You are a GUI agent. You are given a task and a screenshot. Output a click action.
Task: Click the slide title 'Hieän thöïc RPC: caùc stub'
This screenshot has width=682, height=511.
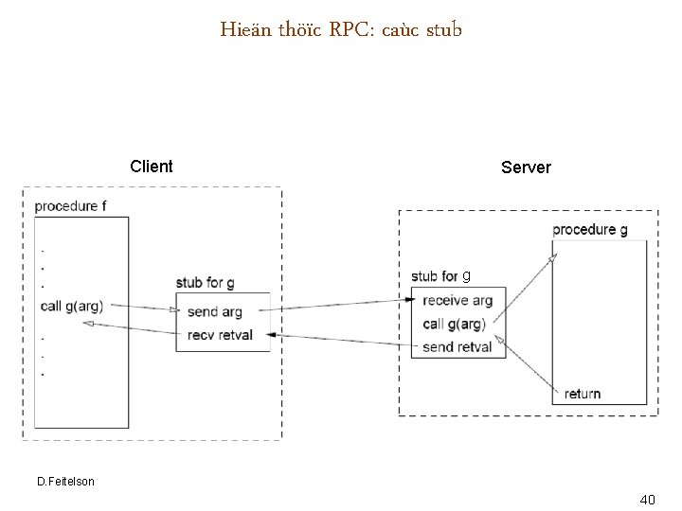click(341, 30)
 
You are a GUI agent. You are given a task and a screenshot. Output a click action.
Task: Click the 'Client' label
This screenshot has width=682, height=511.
click(152, 167)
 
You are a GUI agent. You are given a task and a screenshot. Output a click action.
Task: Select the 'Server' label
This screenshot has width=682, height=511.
click(526, 167)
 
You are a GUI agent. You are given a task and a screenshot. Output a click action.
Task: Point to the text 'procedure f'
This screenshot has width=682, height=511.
click(70, 205)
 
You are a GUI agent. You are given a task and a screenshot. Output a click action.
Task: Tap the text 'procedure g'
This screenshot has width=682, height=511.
click(589, 229)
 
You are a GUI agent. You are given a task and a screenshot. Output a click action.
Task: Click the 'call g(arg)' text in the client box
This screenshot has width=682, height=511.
click(72, 306)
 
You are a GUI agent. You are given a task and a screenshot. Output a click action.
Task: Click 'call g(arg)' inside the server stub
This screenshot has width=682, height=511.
click(454, 324)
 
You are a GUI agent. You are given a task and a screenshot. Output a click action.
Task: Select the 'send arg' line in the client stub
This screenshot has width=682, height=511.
click(214, 311)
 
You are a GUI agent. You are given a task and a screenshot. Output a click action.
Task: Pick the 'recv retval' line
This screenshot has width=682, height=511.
click(220, 334)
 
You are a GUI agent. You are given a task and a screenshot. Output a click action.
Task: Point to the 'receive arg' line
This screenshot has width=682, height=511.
click(458, 301)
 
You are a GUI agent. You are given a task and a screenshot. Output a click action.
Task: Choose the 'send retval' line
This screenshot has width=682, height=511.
click(458, 347)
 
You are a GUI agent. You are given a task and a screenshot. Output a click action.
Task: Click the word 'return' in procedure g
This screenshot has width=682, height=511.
click(582, 394)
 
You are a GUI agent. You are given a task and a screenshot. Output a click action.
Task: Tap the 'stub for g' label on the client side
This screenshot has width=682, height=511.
click(205, 283)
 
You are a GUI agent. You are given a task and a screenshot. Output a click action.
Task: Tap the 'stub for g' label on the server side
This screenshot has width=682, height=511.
click(440, 276)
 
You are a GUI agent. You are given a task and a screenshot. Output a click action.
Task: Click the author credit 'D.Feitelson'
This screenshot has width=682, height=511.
click(65, 482)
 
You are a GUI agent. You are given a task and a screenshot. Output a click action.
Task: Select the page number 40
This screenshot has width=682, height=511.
click(648, 498)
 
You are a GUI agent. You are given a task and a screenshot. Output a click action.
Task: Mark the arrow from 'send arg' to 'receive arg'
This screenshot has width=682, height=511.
click(341, 304)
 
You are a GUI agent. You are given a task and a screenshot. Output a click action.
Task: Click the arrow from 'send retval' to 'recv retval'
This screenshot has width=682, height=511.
click(341, 340)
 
